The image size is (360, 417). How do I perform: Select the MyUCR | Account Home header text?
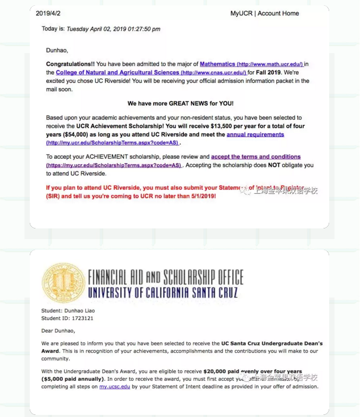(x=264, y=13)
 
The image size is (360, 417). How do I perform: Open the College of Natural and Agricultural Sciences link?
(x=118, y=72)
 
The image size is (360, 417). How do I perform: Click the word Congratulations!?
(x=71, y=64)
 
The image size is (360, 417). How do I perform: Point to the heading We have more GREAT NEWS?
(x=180, y=103)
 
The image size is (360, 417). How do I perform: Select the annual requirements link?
(x=255, y=134)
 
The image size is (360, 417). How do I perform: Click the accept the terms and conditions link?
(x=256, y=157)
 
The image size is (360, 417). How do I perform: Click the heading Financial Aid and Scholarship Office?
(x=165, y=277)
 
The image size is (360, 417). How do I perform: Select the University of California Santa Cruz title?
(x=163, y=293)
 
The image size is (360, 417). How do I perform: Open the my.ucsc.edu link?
(x=114, y=387)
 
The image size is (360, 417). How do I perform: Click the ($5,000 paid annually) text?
(x=72, y=379)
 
